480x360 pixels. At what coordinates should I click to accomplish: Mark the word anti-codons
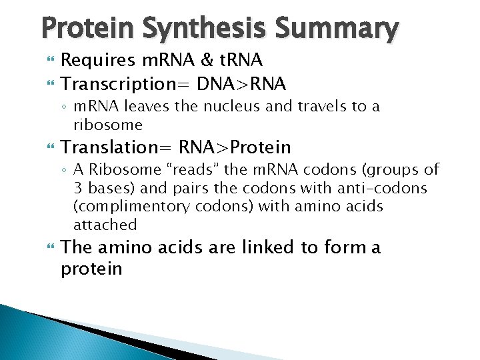coord(389,188)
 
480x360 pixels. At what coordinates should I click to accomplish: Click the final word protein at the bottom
coord(91,269)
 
